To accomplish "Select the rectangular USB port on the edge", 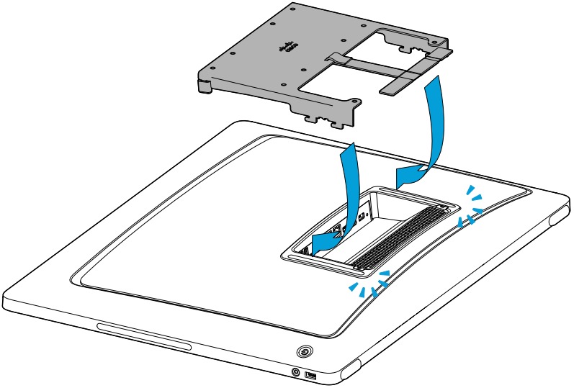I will [311, 376].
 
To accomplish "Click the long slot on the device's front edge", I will [145, 338].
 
